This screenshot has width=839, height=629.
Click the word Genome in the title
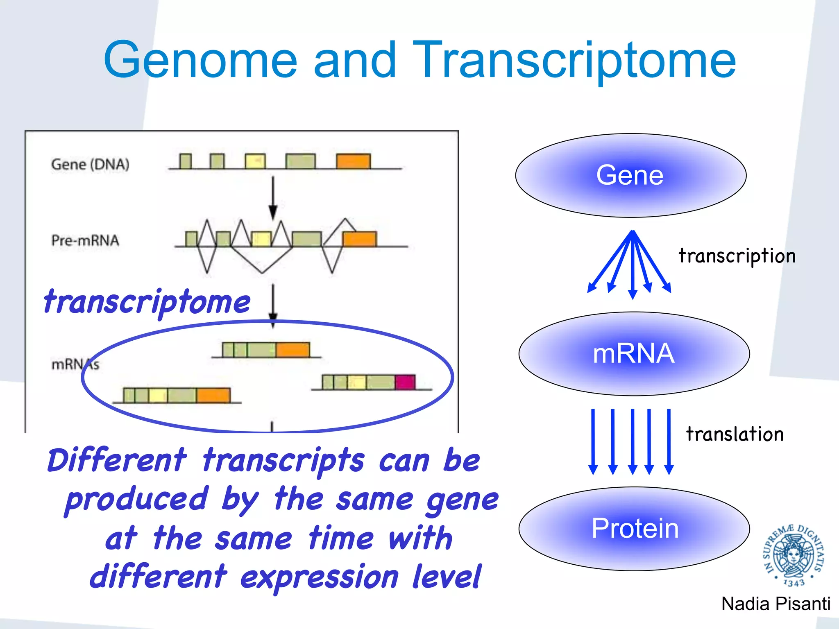[200, 61]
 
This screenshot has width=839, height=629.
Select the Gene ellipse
[630, 175]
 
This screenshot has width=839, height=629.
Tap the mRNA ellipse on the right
[634, 353]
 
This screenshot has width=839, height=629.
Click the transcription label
[737, 256]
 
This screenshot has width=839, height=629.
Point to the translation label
[735, 434]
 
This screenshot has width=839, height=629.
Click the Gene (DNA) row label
[90, 164]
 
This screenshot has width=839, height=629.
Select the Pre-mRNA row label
[85, 240]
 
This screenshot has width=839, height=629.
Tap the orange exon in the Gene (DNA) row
[353, 161]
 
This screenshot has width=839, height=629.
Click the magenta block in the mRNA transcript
[405, 382]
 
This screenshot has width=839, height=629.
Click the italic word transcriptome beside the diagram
[147, 302]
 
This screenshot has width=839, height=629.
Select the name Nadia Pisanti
[776, 604]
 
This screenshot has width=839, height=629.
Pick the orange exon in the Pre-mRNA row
[359, 239]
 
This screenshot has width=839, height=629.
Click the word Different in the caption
[117, 460]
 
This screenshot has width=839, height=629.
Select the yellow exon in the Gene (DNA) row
[255, 161]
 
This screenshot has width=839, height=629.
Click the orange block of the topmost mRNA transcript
[293, 350]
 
